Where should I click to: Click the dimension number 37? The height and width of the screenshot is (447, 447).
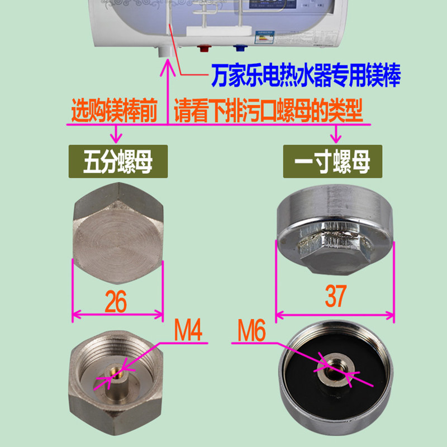pos(335,296)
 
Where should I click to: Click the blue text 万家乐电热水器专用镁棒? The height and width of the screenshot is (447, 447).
pos(306,74)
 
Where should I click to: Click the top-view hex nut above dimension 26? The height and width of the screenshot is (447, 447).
pos(118,223)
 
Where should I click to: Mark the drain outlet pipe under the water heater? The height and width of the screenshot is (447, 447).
pos(165,51)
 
